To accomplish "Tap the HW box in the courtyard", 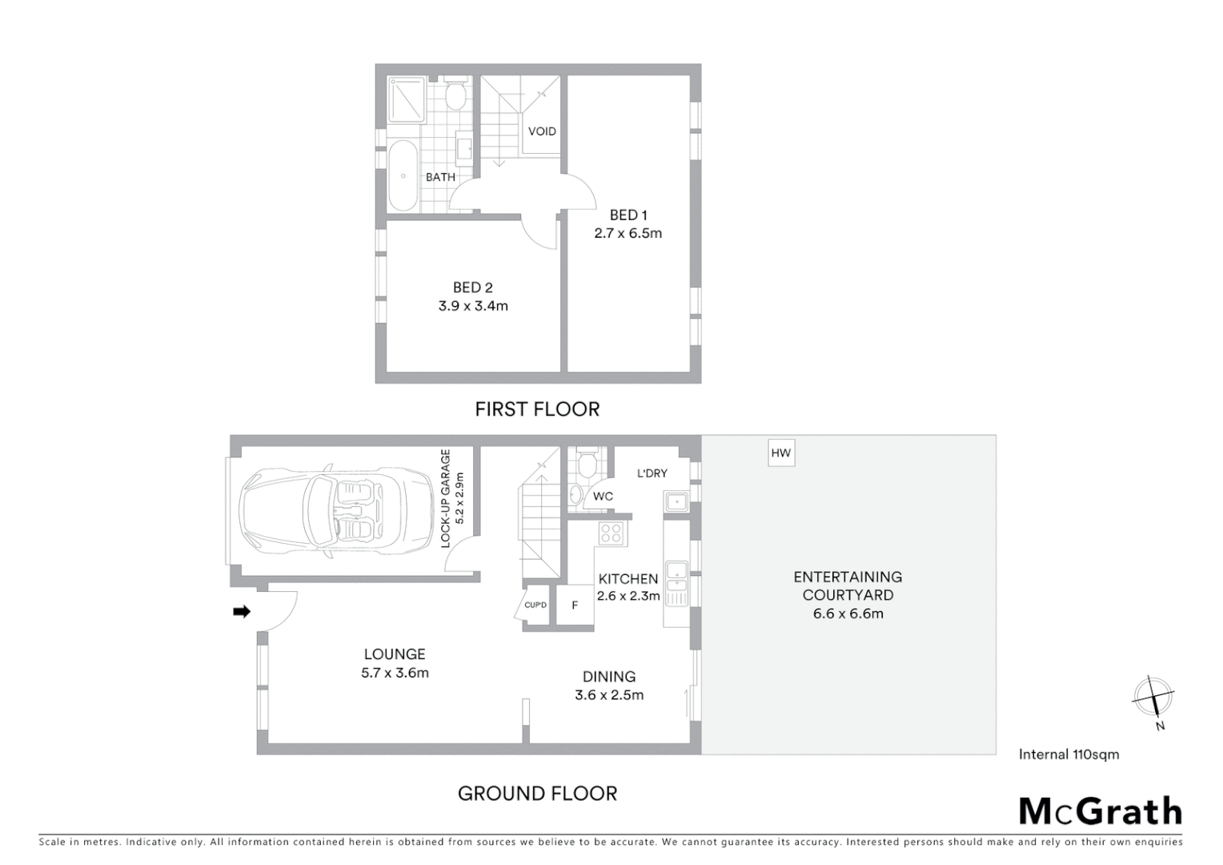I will pos(780,453).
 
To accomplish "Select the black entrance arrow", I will pos(241,612).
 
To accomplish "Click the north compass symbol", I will pos(1153,697).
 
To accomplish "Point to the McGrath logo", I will pos(1100,811).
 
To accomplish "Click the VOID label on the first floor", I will pos(542,131).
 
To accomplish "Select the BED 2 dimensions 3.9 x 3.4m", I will pos(473,306).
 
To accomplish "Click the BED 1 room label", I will pos(628,215).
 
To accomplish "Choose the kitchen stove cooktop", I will pos(611,533).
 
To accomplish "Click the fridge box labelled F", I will pos(575,605).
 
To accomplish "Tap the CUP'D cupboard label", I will pos(535,605).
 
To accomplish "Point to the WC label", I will pos(603,497).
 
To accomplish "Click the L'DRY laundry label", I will pos(652,473).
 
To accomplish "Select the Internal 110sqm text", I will pos(1069,754).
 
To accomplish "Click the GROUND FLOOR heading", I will pos(537,794).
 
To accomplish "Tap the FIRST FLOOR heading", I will pos(537,409).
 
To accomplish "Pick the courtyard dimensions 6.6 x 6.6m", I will pos(848,614).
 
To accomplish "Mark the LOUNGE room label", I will pos(395,654).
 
